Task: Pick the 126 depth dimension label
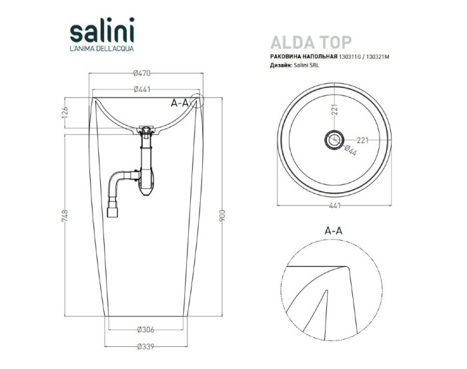click(x=65, y=114)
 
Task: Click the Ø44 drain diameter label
click(x=350, y=151)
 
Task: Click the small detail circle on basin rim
click(x=197, y=102)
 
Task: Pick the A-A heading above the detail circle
click(x=333, y=230)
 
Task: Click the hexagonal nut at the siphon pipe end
click(x=114, y=213)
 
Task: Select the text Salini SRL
click(x=306, y=67)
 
